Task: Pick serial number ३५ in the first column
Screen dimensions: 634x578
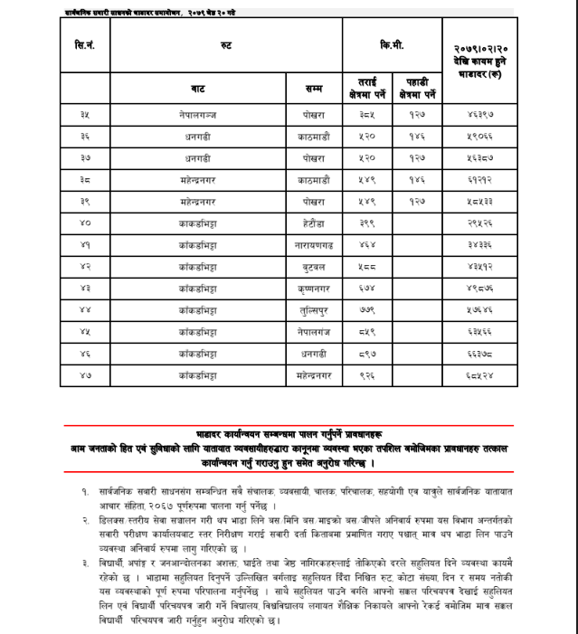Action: (84, 115)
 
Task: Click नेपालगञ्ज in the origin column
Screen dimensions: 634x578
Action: (198, 115)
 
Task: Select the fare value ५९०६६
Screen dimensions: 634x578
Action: (479, 137)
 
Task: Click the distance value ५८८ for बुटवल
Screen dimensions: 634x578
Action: (366, 265)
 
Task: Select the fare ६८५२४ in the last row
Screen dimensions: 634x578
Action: (479, 373)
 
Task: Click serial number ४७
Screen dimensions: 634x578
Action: (84, 373)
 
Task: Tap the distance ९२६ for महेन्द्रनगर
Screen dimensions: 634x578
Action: (366, 373)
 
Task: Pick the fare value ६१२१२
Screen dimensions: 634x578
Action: (479, 179)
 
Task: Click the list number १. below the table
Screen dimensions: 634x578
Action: (84, 489)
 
